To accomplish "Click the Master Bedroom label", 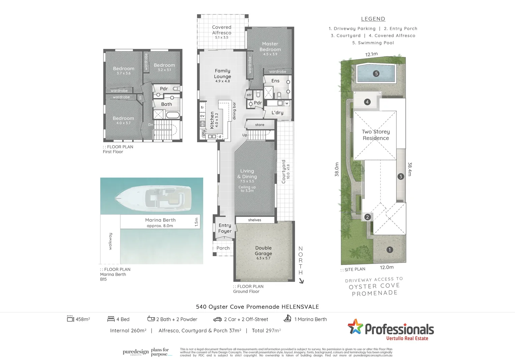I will click(270, 47).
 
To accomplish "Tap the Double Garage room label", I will click(263, 251).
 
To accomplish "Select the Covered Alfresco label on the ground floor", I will click(221, 30).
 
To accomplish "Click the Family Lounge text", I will click(222, 74).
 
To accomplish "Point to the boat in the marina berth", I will click(153, 196).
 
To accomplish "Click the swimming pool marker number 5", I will click(376, 73).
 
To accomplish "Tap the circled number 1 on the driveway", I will click(390, 250).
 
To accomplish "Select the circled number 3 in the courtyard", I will click(400, 176).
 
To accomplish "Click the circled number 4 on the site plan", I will click(367, 102).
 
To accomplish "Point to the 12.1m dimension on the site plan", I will click(371, 54).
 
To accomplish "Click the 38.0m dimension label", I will click(337, 170).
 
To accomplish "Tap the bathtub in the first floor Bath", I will click(173, 115).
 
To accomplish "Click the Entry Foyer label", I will click(225, 228).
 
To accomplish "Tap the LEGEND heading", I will click(373, 19).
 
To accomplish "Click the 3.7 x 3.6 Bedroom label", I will click(123, 70).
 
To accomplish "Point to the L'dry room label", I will click(277, 113).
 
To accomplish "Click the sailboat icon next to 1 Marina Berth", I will click(287, 318).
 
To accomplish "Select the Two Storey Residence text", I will click(376, 135).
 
